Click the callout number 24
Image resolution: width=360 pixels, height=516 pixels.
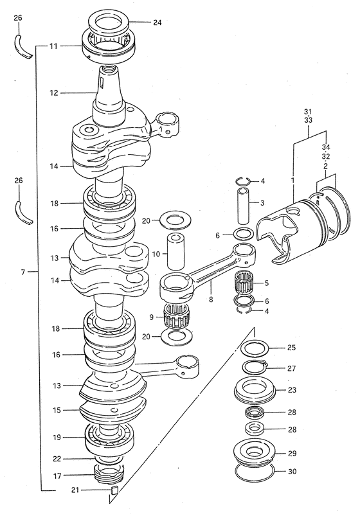pyautogui.click(x=157, y=22)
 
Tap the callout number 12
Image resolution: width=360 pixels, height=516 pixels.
pyautogui.click(x=54, y=93)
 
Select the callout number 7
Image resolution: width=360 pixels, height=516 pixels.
pyautogui.click(x=22, y=272)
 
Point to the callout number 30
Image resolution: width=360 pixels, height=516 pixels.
pyautogui.click(x=292, y=472)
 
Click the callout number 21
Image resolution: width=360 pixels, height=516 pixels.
pyautogui.click(x=75, y=490)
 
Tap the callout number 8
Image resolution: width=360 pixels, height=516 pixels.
pyautogui.click(x=211, y=299)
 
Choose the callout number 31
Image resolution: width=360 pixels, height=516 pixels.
pyautogui.click(x=308, y=112)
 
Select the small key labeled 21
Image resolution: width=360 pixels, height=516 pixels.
pyautogui.click(x=114, y=490)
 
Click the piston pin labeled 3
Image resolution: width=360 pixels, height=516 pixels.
pyautogui.click(x=244, y=205)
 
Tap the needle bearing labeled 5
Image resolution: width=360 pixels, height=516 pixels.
pyautogui.click(x=244, y=283)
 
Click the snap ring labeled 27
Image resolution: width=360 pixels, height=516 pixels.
pyautogui.click(x=255, y=368)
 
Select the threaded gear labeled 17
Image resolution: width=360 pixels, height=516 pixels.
pyautogui.click(x=107, y=474)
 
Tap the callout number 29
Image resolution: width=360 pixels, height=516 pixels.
pyautogui.click(x=292, y=454)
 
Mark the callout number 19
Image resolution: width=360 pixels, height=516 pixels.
pyautogui.click(x=57, y=438)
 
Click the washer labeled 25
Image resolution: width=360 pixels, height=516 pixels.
pyautogui.click(x=255, y=348)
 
